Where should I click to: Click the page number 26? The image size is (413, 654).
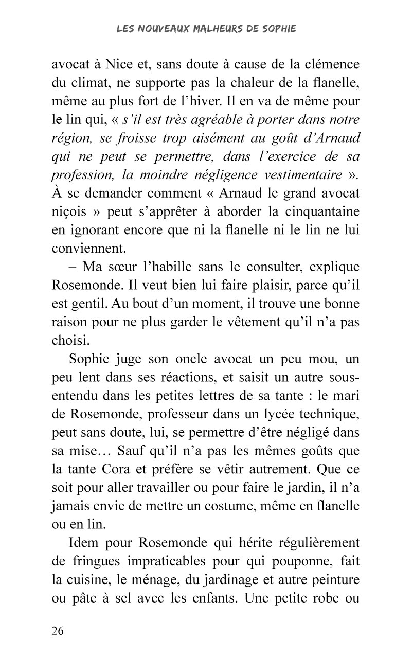point(58,631)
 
